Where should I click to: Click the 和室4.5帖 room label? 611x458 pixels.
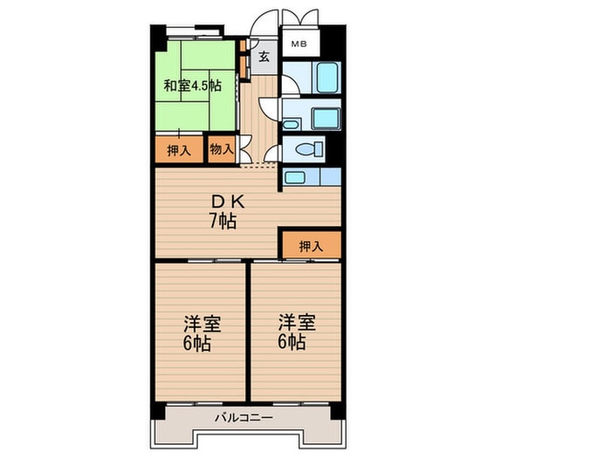point(192,85)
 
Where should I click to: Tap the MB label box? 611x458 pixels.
point(299,43)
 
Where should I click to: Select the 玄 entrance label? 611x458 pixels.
point(264,58)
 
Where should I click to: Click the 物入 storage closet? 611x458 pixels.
point(221,149)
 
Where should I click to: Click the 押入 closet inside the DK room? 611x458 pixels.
point(310,245)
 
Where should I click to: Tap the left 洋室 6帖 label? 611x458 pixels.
point(202,332)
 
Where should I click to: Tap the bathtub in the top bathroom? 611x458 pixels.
point(327,77)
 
